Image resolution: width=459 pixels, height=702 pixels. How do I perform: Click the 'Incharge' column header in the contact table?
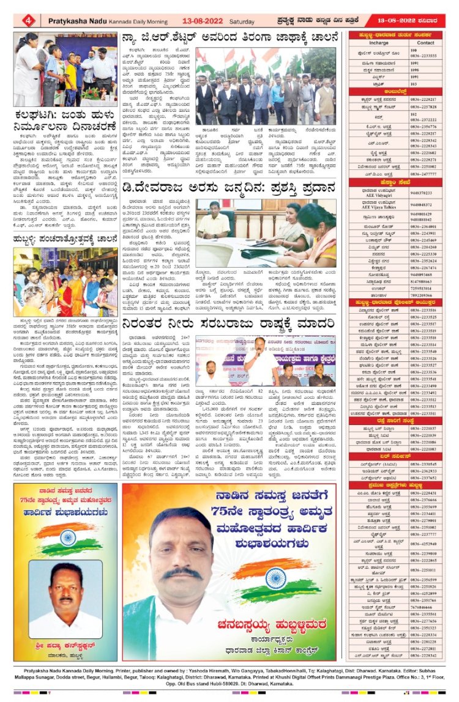click(x=379, y=43)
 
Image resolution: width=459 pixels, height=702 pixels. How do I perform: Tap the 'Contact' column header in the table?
click(x=426, y=43)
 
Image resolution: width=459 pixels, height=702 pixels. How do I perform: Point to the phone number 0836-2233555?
click(x=424, y=56)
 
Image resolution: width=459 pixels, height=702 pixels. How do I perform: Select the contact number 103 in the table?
click(x=414, y=84)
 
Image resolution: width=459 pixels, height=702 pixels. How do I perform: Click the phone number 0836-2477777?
click(x=424, y=174)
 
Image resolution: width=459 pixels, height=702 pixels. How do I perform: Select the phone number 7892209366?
click(x=423, y=296)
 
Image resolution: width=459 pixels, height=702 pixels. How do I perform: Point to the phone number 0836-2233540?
click(x=424, y=352)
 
